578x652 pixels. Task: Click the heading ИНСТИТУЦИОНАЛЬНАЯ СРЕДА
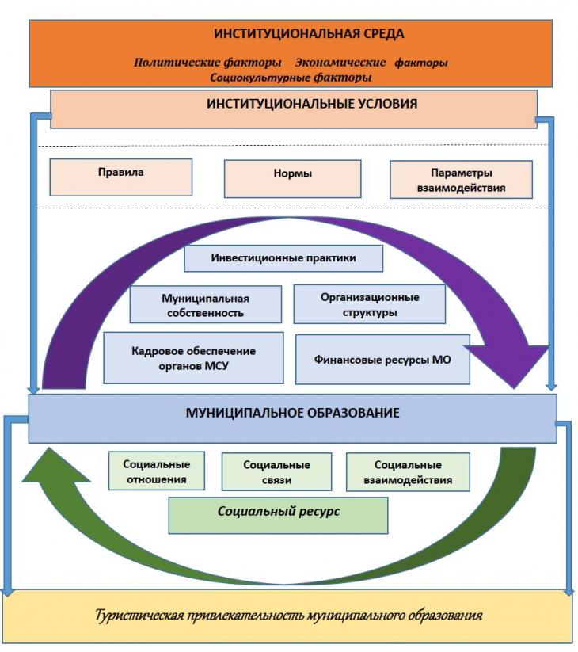coord(309,34)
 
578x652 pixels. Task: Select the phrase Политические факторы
coord(207,63)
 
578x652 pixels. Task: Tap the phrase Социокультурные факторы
coord(291,78)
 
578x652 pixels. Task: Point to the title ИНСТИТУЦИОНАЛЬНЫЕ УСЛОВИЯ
coord(312,104)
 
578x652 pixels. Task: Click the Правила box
coord(121,177)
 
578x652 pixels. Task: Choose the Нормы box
coord(292,179)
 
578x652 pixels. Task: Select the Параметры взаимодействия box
coord(462,180)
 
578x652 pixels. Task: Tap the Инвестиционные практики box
coord(283,258)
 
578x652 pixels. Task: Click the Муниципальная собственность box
coord(206,304)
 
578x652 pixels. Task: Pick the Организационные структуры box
coord(370,304)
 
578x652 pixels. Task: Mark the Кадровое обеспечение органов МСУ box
coord(194,357)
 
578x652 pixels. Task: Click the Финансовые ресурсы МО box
coord(382,359)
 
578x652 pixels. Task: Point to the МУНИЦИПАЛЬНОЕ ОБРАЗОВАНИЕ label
coord(292,413)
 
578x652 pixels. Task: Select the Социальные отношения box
coord(157,471)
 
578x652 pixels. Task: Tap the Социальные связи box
coord(277,472)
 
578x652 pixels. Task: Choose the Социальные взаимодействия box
coord(408,472)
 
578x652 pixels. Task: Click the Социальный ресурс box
coord(279,515)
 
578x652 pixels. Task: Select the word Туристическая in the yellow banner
coord(139,615)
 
